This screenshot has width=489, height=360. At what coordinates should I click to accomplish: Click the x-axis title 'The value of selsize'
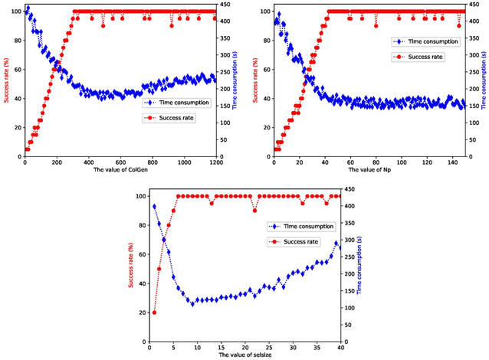pos(245,355)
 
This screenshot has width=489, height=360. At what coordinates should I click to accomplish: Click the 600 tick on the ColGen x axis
pos(120,163)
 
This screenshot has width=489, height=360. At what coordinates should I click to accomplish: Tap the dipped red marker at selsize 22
pos(254,210)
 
